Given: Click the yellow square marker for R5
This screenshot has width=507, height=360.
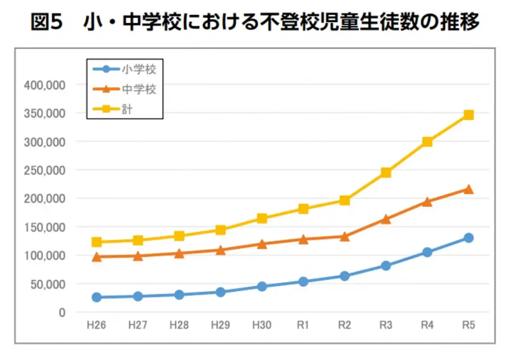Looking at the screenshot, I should pyautogui.click(x=469, y=115).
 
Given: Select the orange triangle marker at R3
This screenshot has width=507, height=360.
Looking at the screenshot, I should pyautogui.click(x=386, y=219).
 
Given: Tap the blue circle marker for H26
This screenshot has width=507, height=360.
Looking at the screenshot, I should pyautogui.click(x=96, y=297).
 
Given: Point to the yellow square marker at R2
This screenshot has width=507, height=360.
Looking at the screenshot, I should pyautogui.click(x=345, y=200).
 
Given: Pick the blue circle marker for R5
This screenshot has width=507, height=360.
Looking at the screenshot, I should pyautogui.click(x=469, y=238).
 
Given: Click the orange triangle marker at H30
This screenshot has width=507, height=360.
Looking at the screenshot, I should pyautogui.click(x=262, y=244).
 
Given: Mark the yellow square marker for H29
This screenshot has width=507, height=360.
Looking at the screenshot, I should pyautogui.click(x=221, y=230).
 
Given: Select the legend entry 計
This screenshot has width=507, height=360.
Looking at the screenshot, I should pyautogui.click(x=127, y=109).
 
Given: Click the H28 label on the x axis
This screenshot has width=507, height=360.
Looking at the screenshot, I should pyautogui.click(x=179, y=326).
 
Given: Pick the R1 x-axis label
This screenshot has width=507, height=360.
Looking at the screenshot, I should pyautogui.click(x=303, y=326).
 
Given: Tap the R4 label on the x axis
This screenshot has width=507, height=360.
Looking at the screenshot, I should pyautogui.click(x=427, y=326).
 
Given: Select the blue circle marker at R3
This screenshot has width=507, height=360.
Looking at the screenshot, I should pyautogui.click(x=386, y=265).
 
